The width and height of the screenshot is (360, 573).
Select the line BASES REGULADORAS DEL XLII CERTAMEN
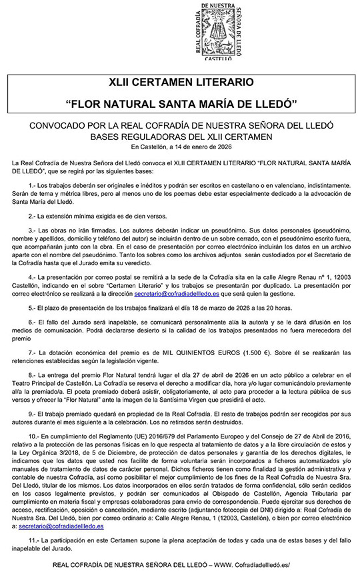(x=179, y=137)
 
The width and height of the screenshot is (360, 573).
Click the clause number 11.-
(x=35, y=560)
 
